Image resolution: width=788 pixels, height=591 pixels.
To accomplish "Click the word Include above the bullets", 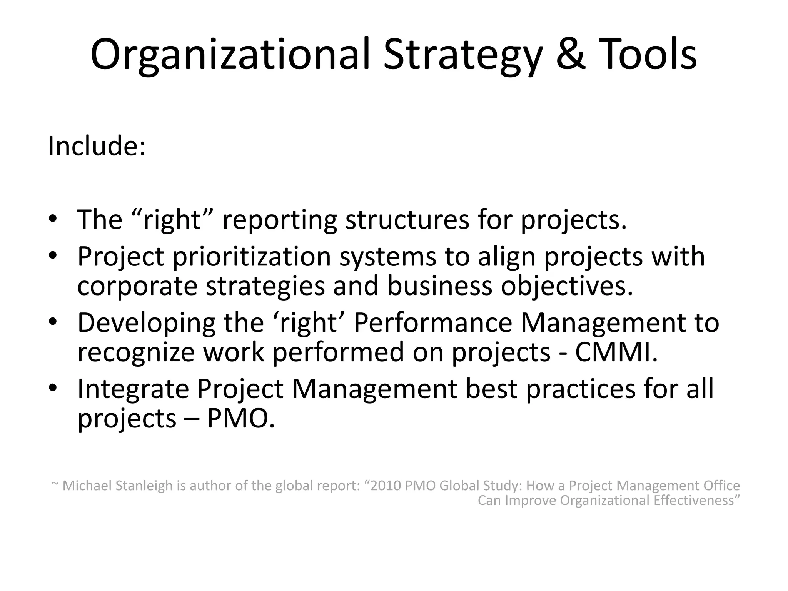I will [x=96, y=146].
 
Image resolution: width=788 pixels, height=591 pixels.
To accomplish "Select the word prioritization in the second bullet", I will [x=252, y=256].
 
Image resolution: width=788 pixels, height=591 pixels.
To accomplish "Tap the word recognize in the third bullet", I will [x=136, y=352].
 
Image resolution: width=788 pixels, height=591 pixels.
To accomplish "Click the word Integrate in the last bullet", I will [x=133, y=389].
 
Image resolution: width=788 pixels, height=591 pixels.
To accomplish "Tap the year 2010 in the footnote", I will [x=386, y=486].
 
